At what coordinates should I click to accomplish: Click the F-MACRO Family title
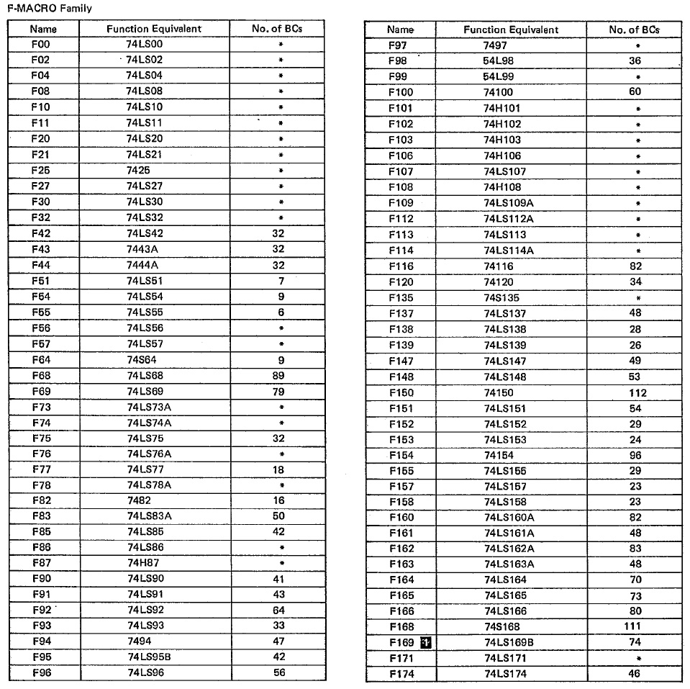(50, 8)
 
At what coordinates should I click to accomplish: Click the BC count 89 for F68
(280, 376)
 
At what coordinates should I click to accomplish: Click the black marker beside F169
(425, 642)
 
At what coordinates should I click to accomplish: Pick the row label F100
(400, 92)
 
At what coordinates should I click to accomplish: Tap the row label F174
(401, 674)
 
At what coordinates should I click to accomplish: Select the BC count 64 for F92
(279, 610)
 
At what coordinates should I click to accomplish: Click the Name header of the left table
(43, 30)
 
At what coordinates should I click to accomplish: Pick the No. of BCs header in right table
(634, 30)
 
